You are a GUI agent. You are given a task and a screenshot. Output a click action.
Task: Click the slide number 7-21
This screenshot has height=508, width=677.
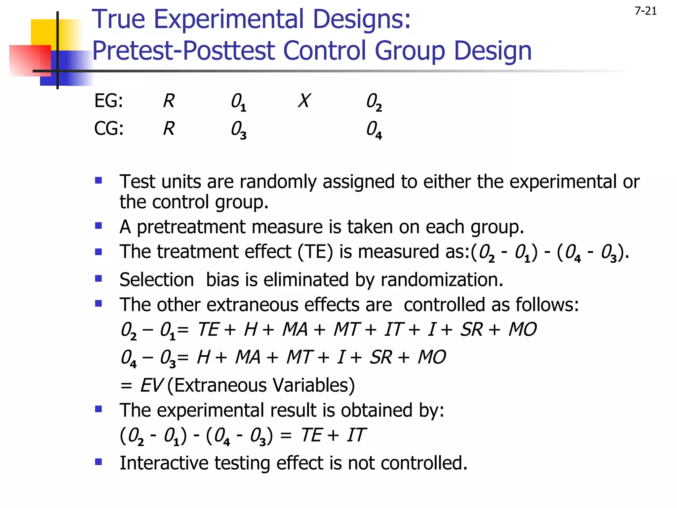coord(645,11)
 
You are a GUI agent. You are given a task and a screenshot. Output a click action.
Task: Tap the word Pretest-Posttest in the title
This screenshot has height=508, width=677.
coord(183,51)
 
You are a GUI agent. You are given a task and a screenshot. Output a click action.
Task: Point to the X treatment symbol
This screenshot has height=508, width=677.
coord(304,101)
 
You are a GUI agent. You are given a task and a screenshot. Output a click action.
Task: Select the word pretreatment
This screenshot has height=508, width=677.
coord(191,227)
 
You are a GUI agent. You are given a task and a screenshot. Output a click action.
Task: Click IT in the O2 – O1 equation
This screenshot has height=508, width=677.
coord(393,329)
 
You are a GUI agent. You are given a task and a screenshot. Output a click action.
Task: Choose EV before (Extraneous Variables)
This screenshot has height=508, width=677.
coord(151,385)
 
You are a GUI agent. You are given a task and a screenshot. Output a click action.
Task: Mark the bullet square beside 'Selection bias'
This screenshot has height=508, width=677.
coord(99,278)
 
